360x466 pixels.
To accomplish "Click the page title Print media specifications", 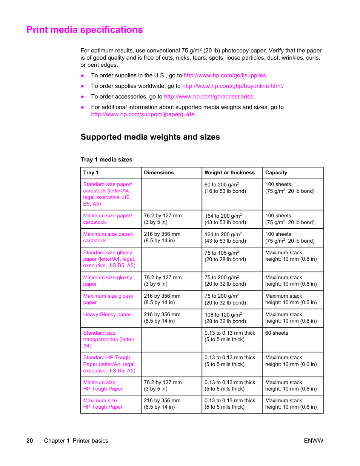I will [x=85, y=30].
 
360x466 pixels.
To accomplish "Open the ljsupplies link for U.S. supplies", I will [x=225, y=75].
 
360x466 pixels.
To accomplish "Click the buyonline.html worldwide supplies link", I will [x=232, y=86].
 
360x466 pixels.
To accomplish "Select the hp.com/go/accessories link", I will [x=208, y=97].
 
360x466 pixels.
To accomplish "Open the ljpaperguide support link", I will [x=143, y=114].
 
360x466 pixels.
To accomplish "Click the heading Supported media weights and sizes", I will [x=150, y=137].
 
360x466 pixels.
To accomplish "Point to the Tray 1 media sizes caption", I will [x=106, y=160].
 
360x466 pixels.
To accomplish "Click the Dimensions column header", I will [x=158, y=173].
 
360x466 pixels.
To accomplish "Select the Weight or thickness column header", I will [x=229, y=173].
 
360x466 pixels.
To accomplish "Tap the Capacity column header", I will [x=276, y=173].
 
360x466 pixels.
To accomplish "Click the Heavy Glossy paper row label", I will [x=107, y=315].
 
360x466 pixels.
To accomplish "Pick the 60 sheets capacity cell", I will [x=276, y=333].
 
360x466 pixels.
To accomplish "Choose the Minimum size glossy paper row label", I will [x=107, y=281].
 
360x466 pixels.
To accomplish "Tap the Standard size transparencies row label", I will [x=108, y=339].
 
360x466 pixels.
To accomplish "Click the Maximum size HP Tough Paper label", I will [x=103, y=404].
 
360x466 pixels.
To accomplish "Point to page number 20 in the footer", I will [x=30, y=441].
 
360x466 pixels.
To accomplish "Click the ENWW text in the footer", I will [x=313, y=441].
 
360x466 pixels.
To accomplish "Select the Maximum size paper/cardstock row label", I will [x=108, y=237].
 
